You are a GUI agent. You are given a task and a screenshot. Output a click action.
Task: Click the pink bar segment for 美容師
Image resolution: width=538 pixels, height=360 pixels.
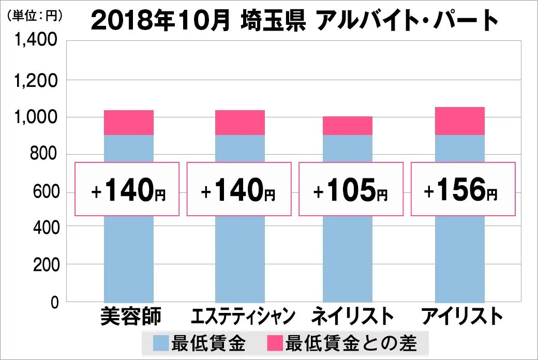click(x=129, y=123)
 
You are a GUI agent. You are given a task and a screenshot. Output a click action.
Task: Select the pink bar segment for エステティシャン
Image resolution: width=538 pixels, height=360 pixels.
click(x=240, y=123)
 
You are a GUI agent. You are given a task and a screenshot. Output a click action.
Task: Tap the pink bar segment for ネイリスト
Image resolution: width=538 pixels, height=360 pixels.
click(x=347, y=126)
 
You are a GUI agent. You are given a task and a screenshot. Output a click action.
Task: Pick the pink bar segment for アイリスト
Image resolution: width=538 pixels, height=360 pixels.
click(x=460, y=121)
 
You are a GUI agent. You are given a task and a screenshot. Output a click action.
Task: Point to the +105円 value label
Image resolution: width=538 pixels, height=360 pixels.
click(x=351, y=189)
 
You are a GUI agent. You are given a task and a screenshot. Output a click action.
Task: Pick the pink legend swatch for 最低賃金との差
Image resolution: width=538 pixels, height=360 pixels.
click(x=275, y=342)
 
